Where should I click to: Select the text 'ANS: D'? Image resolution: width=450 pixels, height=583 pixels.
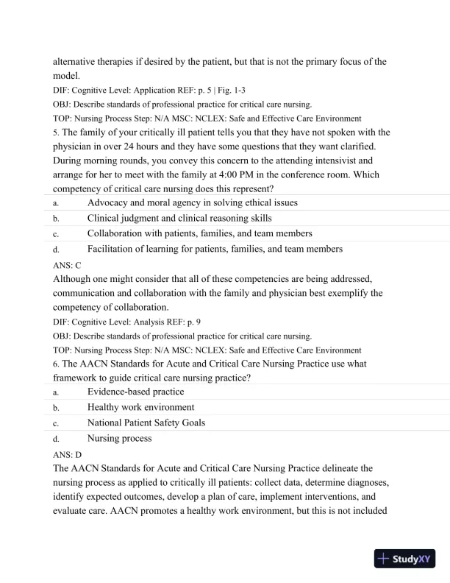pyautogui.click(x=67, y=454)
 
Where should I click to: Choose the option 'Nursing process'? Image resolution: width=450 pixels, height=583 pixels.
pyautogui.click(x=120, y=438)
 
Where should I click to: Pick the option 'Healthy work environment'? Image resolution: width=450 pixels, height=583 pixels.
pyautogui.click(x=140, y=407)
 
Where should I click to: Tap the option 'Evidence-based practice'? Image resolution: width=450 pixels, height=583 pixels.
pyautogui.click(x=135, y=392)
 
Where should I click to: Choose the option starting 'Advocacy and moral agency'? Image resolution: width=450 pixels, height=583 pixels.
pyautogui.click(x=192, y=202)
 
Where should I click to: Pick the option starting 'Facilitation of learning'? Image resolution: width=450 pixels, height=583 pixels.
pyautogui.click(x=215, y=249)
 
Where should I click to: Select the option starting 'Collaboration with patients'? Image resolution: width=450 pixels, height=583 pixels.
pyautogui.click(x=199, y=233)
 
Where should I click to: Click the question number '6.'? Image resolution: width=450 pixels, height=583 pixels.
pyautogui.click(x=56, y=364)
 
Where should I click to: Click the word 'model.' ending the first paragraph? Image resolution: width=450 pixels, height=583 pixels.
pyautogui.click(x=68, y=76)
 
